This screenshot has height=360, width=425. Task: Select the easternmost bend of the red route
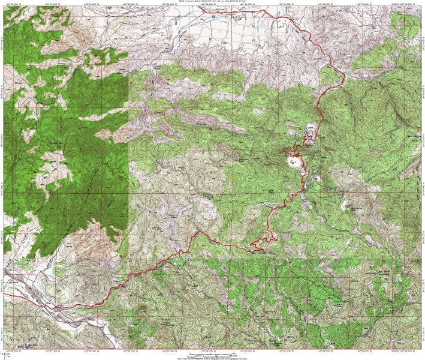[343, 75]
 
